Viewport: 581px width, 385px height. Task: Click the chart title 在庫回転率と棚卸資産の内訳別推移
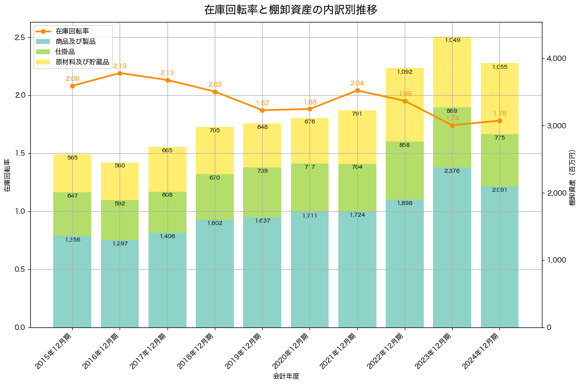(290, 10)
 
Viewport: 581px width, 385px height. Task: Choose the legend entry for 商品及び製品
(75, 41)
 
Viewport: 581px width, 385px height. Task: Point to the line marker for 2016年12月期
(120, 73)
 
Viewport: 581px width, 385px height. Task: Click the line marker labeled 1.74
(452, 125)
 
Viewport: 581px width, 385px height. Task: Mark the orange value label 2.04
(357, 83)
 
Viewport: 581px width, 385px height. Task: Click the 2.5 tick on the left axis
(20, 38)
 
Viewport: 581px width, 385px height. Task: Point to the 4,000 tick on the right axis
(556, 59)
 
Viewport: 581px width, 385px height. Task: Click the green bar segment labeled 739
(262, 192)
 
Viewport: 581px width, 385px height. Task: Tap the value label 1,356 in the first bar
(72, 240)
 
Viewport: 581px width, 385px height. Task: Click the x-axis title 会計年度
(286, 376)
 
